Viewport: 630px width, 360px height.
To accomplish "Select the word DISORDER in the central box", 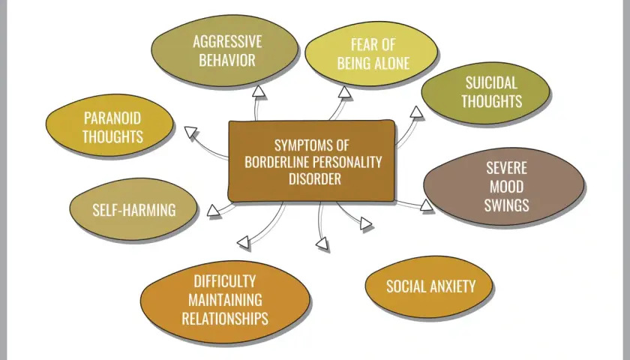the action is [x=314, y=178].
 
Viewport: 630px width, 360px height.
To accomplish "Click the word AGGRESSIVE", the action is [x=227, y=42].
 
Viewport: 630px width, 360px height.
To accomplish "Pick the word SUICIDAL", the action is [x=491, y=83].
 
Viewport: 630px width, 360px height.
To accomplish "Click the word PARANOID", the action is [x=112, y=118].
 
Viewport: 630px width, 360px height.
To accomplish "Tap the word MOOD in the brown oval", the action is [x=507, y=187].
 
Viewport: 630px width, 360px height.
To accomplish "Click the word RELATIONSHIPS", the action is [x=225, y=318].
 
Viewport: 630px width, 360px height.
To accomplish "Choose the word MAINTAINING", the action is [x=225, y=300].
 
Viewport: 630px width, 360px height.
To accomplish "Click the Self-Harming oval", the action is [x=133, y=209].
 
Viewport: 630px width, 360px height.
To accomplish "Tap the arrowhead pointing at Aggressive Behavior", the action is [x=259, y=92].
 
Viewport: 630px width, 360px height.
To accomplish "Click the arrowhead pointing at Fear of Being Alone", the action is [x=344, y=92].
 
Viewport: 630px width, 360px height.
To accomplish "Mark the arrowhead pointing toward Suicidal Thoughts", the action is [x=417, y=112].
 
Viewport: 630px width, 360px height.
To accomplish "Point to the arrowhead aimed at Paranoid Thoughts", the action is [x=191, y=133].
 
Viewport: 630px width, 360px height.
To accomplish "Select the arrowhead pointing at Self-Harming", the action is [x=214, y=211].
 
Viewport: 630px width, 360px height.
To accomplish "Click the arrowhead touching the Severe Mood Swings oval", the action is [x=427, y=205].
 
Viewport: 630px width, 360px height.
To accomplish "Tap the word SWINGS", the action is [x=507, y=205].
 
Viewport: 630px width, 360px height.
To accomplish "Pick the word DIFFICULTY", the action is [x=224, y=281].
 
